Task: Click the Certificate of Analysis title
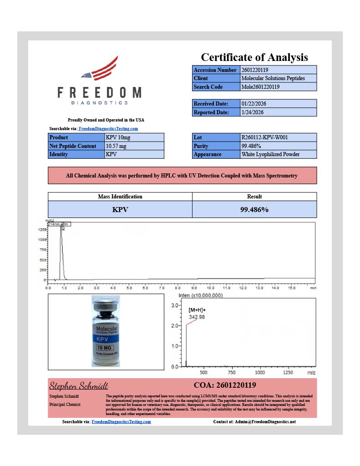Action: point(254,57)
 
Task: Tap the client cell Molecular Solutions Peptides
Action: point(273,78)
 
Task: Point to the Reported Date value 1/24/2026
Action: point(252,112)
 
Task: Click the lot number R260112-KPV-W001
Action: point(264,137)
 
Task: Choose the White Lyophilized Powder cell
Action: point(270,154)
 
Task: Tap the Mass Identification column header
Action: point(120,197)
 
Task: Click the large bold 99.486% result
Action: point(254,210)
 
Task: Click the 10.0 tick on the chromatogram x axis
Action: point(210,288)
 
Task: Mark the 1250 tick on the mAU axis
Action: point(41,230)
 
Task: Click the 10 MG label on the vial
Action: point(106,348)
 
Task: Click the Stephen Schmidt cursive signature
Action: point(79,386)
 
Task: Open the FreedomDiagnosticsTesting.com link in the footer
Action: point(121,422)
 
